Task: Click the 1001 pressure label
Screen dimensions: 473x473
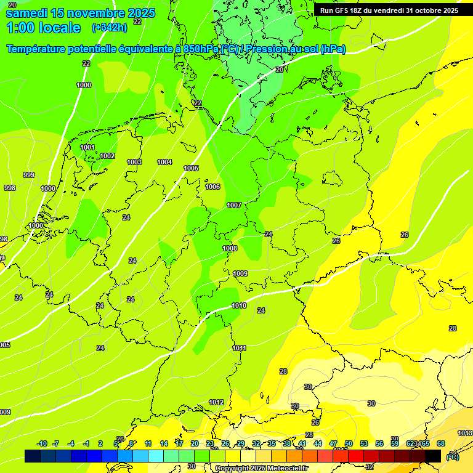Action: pyautogui.click(x=87, y=147)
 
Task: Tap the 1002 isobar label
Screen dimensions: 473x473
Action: pyautogui.click(x=107, y=156)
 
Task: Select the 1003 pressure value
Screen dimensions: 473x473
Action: pyautogui.click(x=134, y=162)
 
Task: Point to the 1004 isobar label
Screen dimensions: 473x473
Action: pyautogui.click(x=164, y=162)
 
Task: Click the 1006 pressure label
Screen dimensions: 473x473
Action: pyautogui.click(x=212, y=187)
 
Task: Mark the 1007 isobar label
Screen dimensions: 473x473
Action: pyautogui.click(x=234, y=205)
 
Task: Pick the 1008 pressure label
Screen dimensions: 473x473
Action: pyautogui.click(x=230, y=248)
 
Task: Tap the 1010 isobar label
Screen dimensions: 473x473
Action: pyautogui.click(x=239, y=305)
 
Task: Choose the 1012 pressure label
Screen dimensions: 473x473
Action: pyautogui.click(x=216, y=402)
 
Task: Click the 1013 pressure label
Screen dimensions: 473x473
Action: pyautogui.click(x=465, y=433)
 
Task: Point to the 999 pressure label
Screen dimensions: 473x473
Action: pyautogui.click(x=28, y=175)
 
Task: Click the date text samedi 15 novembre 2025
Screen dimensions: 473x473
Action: pyautogui.click(x=80, y=13)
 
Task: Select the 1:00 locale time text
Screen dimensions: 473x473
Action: pyautogui.click(x=43, y=28)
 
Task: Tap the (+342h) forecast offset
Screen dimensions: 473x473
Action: pyautogui.click(x=109, y=28)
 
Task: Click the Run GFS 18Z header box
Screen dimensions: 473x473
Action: pyautogui.click(x=389, y=10)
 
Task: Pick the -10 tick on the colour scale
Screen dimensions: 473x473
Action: pyautogui.click(x=42, y=443)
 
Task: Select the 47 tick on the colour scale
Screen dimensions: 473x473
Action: pyautogui.click(x=333, y=443)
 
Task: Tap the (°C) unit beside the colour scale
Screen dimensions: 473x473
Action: pyautogui.click(x=453, y=456)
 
